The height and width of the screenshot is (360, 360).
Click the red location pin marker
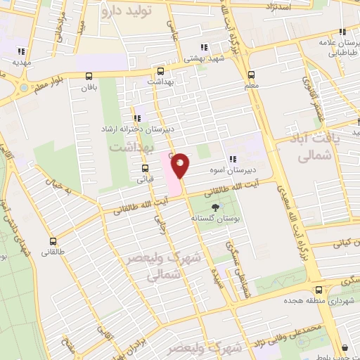click(181, 165)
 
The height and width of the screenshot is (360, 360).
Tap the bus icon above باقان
click(89, 76)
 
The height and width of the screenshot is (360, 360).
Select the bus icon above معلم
click(252, 75)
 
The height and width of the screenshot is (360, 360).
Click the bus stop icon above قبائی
click(145, 168)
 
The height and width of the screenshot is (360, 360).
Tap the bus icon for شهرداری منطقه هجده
click(319, 289)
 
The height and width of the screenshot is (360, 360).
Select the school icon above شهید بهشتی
click(188, 49)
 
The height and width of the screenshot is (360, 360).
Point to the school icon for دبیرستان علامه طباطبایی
click(342, 32)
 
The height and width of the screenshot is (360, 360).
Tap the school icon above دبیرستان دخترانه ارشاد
click(136, 119)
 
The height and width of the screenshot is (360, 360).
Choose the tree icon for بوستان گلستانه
click(214, 207)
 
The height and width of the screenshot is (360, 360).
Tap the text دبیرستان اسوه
click(233, 170)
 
